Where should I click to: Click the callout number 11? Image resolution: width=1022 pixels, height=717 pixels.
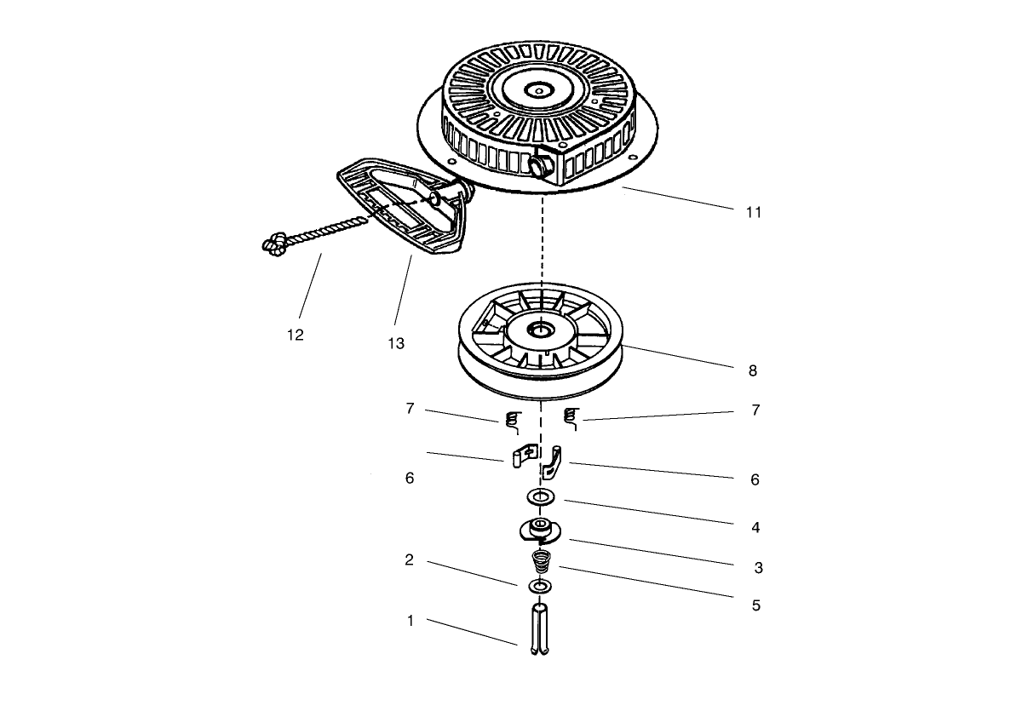753,212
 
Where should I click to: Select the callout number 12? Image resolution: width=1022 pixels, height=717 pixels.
295,335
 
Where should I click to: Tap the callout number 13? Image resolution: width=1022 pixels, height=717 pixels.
395,343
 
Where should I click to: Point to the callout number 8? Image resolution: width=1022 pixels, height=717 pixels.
752,370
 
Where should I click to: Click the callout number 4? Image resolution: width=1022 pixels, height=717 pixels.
755,527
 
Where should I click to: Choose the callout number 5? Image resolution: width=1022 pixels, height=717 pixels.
755,605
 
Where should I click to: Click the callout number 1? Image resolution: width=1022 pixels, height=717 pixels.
410,621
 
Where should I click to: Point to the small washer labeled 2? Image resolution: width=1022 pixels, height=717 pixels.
539,587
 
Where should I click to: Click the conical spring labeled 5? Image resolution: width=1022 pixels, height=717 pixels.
540,562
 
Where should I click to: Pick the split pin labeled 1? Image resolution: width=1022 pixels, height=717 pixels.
538,630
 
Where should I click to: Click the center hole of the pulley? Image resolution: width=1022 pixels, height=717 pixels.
540,329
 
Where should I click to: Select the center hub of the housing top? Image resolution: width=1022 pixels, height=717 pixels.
538,88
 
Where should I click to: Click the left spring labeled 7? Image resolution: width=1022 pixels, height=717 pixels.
512,420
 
